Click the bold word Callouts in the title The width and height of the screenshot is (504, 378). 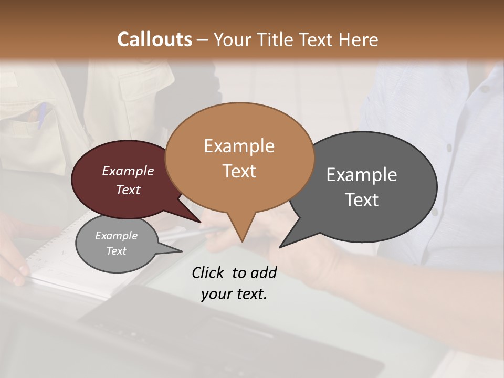154,39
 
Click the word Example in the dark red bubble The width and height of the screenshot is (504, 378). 128,171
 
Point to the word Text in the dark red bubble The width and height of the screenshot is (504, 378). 128,190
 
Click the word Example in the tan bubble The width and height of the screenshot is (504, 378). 239,146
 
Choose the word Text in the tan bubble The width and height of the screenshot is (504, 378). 239,171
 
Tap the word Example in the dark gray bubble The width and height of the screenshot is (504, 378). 362,174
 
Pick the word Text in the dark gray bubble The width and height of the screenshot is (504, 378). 362,199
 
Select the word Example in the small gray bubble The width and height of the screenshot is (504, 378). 117,236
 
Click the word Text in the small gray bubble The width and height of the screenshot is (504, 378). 117,251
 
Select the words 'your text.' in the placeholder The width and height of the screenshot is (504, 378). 234,294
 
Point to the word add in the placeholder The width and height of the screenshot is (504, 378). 264,272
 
